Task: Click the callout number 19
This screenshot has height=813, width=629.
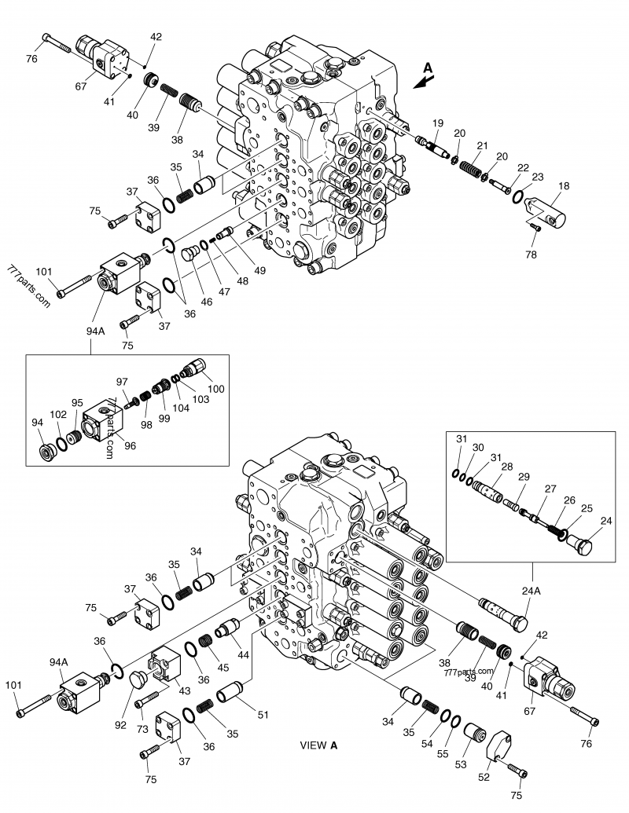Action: click(x=438, y=123)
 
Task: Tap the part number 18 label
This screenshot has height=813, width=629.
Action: click(x=564, y=185)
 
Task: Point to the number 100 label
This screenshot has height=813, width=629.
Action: click(x=215, y=390)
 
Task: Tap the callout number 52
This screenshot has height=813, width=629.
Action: click(x=484, y=776)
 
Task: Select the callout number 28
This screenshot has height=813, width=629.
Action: click(x=507, y=467)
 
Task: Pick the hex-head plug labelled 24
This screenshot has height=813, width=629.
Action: click(x=583, y=544)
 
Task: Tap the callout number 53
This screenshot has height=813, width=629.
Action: click(x=460, y=764)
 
